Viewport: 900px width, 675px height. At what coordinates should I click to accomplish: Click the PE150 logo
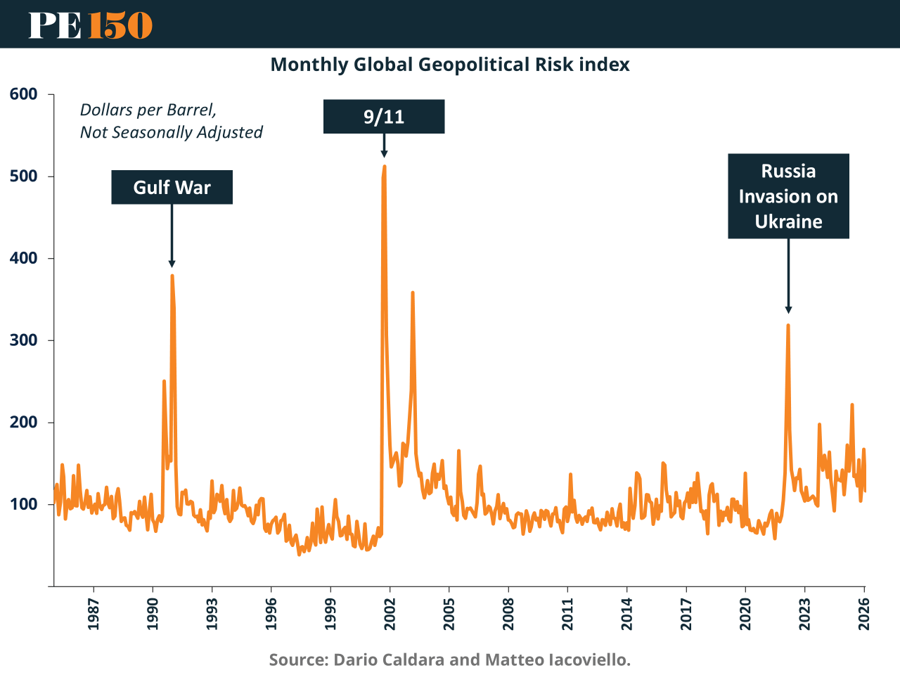pyautogui.click(x=90, y=25)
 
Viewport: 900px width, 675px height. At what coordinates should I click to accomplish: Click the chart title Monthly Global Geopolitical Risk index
pyautogui.click(x=450, y=65)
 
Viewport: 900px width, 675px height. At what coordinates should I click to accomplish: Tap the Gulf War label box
pyautogui.click(x=172, y=188)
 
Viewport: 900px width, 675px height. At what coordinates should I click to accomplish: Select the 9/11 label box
pyautogui.click(x=384, y=117)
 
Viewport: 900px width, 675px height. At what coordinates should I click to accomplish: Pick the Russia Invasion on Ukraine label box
pyautogui.click(x=788, y=196)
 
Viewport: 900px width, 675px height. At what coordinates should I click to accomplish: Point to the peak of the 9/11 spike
pyautogui.click(x=385, y=167)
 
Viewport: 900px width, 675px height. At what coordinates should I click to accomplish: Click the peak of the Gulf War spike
pyautogui.click(x=172, y=276)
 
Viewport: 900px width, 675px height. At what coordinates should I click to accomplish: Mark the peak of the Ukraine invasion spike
pyautogui.click(x=788, y=325)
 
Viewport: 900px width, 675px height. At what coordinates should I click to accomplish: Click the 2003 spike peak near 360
pyautogui.click(x=413, y=292)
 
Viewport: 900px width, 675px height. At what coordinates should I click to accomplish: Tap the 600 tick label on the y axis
pyautogui.click(x=23, y=94)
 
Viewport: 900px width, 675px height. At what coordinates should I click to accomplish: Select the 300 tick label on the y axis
pyautogui.click(x=23, y=340)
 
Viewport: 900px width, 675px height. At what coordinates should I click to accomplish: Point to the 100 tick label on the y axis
pyautogui.click(x=23, y=505)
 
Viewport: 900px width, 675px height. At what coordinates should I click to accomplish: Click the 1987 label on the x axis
pyautogui.click(x=94, y=614)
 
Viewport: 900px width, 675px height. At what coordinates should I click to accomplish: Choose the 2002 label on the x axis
pyautogui.click(x=390, y=614)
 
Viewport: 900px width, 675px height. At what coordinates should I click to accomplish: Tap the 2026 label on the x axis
pyautogui.click(x=864, y=614)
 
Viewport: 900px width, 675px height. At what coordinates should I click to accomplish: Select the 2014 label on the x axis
pyautogui.click(x=627, y=614)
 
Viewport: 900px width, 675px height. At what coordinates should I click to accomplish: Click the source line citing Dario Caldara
pyautogui.click(x=450, y=660)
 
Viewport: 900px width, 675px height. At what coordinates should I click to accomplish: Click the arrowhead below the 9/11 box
pyautogui.click(x=384, y=154)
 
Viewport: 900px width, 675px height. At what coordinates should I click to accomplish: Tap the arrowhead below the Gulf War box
pyautogui.click(x=172, y=264)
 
